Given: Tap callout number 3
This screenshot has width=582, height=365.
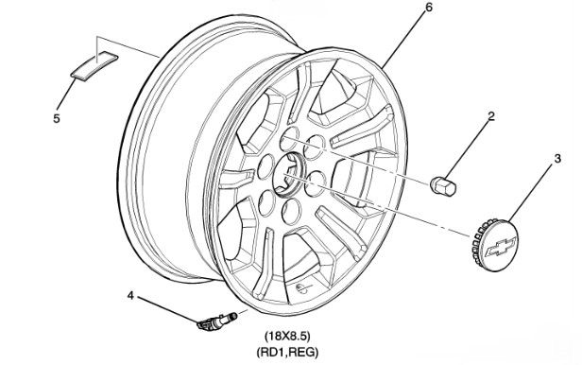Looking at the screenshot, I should [558, 158].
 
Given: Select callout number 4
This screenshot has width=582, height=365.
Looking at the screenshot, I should [132, 296].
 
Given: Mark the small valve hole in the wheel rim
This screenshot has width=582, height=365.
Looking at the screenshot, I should [300, 286].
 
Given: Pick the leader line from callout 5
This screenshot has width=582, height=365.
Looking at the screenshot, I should [66, 97].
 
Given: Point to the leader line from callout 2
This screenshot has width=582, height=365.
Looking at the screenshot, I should [469, 145].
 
